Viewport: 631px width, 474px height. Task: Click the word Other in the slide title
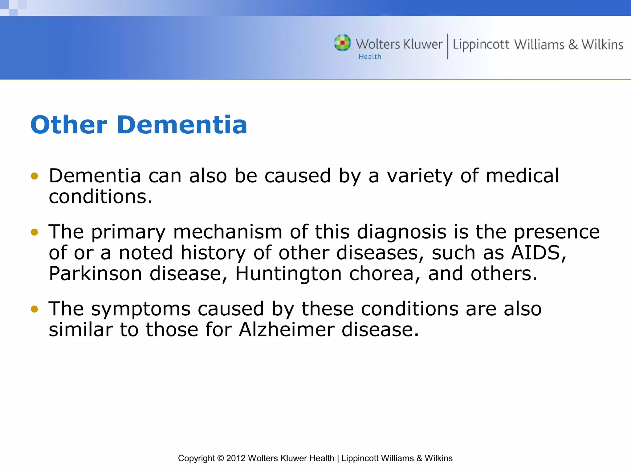[69, 125]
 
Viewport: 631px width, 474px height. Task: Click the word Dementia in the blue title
[182, 125]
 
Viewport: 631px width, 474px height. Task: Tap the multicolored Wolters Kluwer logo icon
[342, 43]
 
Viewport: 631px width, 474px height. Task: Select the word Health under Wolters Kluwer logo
[370, 57]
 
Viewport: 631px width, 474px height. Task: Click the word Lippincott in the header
[481, 45]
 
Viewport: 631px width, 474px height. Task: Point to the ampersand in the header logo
[573, 45]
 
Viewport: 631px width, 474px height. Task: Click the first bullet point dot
[35, 176]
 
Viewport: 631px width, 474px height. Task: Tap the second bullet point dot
[35, 232]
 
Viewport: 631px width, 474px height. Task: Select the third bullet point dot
[35, 309]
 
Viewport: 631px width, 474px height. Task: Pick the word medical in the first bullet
[522, 176]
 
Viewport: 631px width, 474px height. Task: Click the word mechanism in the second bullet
[228, 232]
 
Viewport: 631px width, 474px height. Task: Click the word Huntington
[288, 274]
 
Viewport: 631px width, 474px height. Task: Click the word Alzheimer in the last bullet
[287, 330]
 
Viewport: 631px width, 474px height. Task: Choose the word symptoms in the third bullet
[141, 310]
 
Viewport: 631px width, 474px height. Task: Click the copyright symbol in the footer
[220, 458]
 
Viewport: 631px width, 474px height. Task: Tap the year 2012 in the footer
[236, 458]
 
